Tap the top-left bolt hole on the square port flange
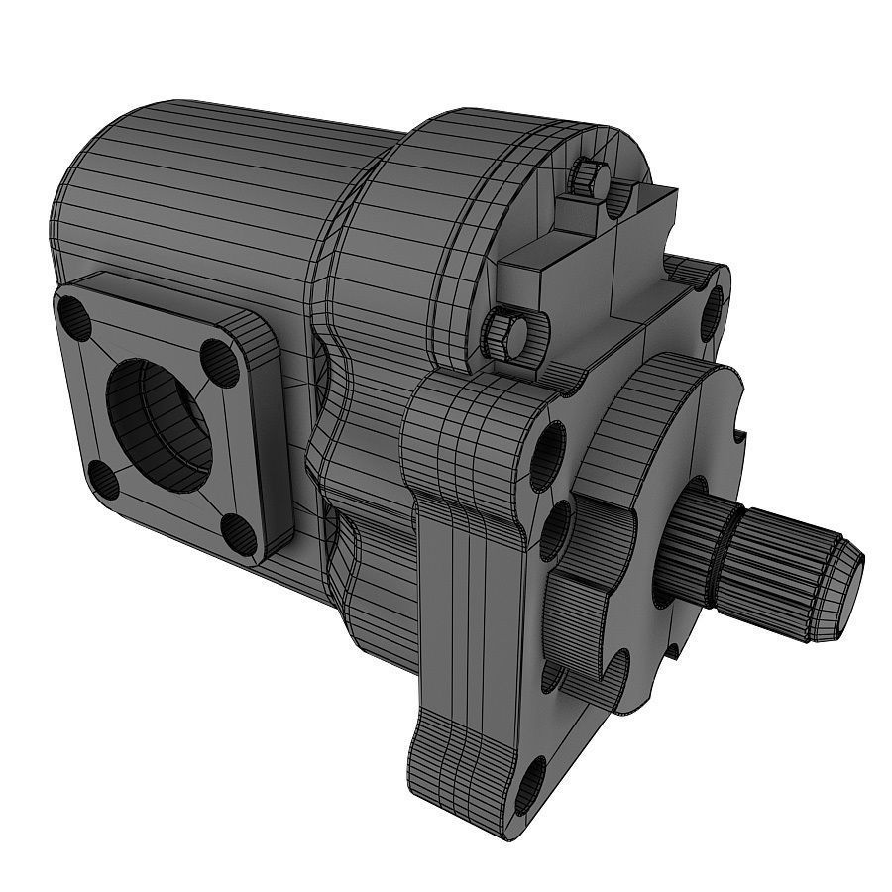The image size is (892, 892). pos(75,316)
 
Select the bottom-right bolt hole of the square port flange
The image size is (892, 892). pos(235,529)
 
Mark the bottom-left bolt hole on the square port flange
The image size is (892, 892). pos(103,481)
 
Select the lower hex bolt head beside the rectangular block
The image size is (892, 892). pos(505,332)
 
